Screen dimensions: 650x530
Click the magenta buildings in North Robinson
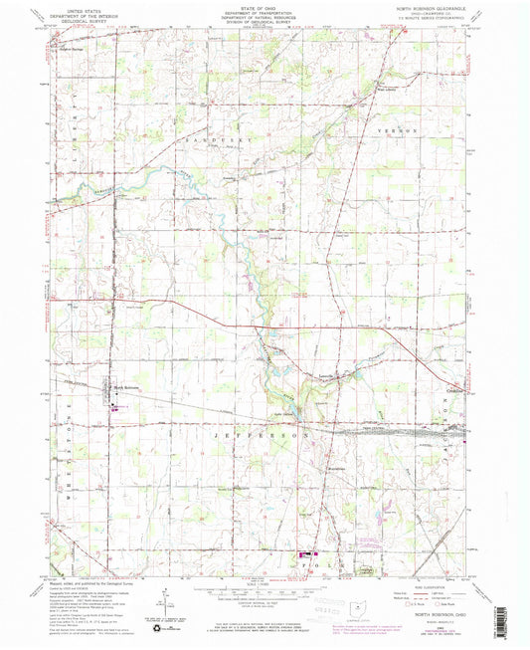tap(117, 405)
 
